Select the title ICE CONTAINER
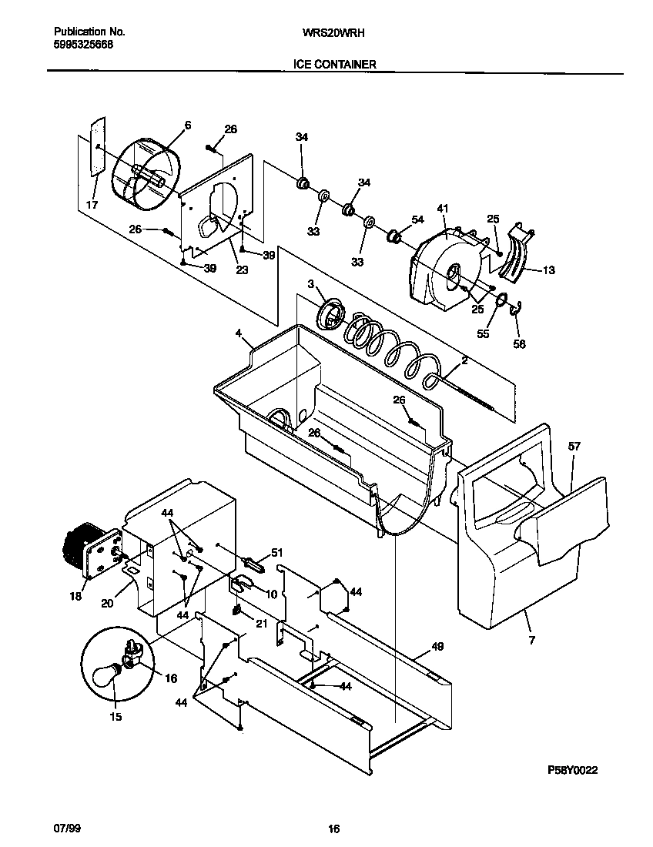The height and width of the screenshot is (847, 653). tap(334, 65)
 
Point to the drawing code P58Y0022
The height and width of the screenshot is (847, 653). tap(572, 769)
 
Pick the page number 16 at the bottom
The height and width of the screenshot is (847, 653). tap(333, 829)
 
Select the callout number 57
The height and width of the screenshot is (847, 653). tap(574, 447)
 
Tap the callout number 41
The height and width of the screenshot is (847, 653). tap(443, 208)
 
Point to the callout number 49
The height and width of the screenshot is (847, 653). tap(437, 647)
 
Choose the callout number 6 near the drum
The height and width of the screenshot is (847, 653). tap(187, 125)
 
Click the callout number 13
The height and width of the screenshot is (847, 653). tap(548, 270)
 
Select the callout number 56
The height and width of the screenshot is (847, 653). tap(520, 344)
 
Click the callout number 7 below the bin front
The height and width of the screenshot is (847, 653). tap(530, 640)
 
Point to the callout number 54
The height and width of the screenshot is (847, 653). tap(417, 220)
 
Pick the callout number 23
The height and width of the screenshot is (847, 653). tap(242, 269)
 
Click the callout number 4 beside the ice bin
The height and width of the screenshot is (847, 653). tap(239, 333)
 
